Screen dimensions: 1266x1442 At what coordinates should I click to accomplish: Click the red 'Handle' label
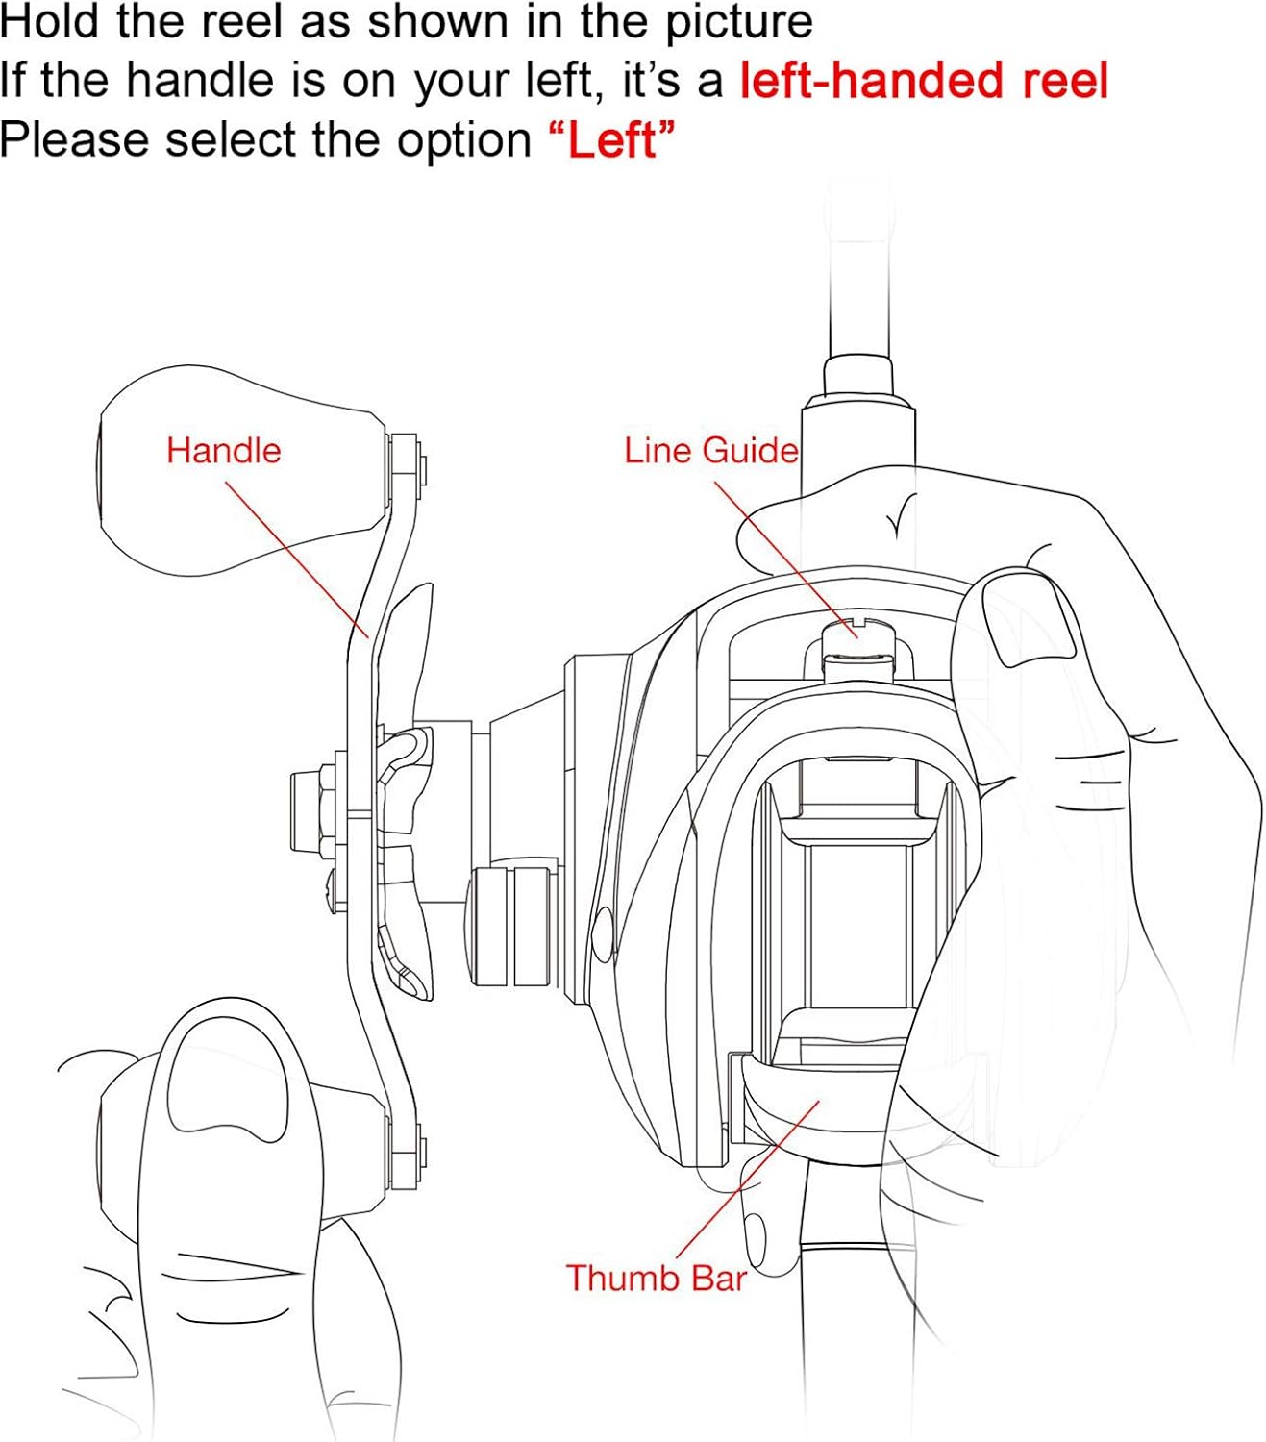point(223,451)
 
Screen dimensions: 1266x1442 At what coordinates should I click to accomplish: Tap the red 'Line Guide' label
point(711,451)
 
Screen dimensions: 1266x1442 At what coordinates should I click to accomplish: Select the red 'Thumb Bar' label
point(656,1278)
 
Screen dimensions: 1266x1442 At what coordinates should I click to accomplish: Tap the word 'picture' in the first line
point(738,23)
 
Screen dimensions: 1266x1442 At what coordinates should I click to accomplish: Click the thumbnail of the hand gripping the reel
point(1029,619)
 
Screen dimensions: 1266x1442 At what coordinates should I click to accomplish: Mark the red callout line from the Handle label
point(297,560)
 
